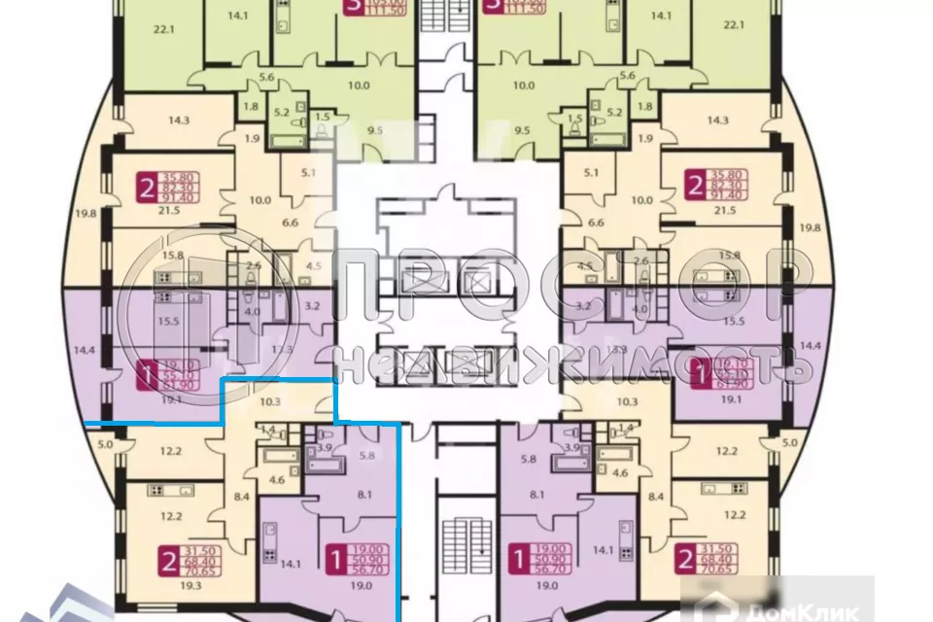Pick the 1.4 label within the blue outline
(269, 429)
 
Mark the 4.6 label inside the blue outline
(276, 478)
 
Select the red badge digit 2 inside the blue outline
(167, 558)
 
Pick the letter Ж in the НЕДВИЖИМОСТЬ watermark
(558, 363)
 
